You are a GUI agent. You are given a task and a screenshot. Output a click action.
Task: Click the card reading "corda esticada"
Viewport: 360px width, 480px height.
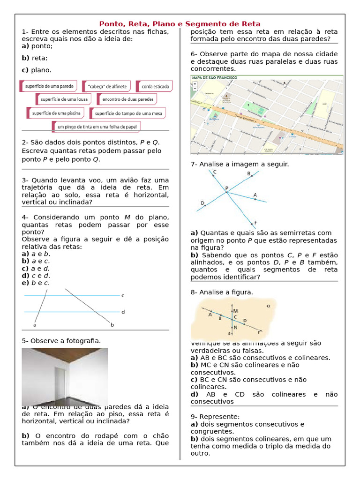click(155, 86)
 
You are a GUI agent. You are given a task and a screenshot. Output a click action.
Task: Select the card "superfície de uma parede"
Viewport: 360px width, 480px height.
click(48, 86)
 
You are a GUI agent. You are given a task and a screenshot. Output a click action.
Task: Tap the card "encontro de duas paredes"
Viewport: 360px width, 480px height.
click(127, 99)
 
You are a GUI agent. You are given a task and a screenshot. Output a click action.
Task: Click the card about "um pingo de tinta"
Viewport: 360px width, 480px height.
click(96, 127)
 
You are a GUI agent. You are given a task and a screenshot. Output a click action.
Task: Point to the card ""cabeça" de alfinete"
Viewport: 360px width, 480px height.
click(106, 86)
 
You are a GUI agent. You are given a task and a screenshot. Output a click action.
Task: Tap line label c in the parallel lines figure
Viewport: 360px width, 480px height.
click(123, 296)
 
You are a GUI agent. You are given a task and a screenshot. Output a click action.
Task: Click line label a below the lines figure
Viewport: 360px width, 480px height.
click(35, 324)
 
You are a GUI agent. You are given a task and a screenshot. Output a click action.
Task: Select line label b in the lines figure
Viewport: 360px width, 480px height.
click(112, 324)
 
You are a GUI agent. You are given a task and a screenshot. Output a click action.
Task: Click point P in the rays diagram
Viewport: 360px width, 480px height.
click(226, 189)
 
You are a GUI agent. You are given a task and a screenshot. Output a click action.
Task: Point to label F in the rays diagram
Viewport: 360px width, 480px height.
click(255, 223)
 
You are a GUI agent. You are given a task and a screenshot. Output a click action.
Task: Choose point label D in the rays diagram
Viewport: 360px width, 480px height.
click(202, 203)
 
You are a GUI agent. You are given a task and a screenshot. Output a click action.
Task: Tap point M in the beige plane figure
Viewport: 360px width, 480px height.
click(235, 311)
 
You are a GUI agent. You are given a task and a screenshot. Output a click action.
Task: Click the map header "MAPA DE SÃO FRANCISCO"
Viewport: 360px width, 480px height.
click(214, 77)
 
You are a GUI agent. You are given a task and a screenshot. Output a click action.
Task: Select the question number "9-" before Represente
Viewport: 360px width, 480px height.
click(195, 416)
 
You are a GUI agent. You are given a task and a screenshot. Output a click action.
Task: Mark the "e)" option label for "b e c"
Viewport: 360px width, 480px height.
click(25, 283)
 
